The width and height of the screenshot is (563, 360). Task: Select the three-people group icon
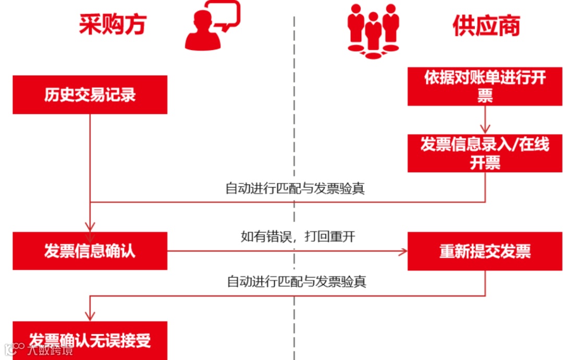pos(373,30)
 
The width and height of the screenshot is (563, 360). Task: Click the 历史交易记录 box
pos(90,95)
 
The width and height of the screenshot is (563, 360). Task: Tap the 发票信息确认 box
pos(90,251)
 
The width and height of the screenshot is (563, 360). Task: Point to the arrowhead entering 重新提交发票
pos(402,252)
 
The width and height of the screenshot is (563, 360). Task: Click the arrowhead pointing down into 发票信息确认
pos(90,227)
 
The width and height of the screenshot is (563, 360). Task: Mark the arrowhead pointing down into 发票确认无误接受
pos(90,316)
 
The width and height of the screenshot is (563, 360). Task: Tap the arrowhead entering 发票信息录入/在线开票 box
pos(485,129)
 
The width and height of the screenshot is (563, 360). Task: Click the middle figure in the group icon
pos(373,34)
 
